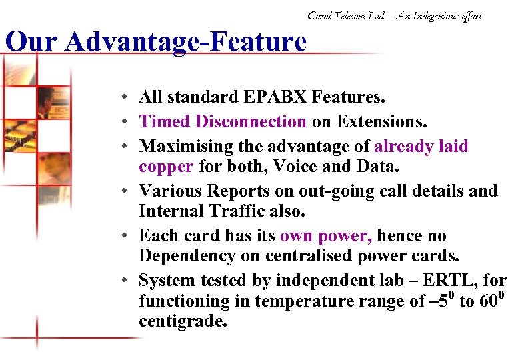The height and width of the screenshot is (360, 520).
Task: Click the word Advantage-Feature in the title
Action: (x=186, y=43)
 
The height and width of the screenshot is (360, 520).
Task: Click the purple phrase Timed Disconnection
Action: (x=223, y=121)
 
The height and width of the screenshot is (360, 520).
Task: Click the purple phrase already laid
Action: (x=421, y=146)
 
